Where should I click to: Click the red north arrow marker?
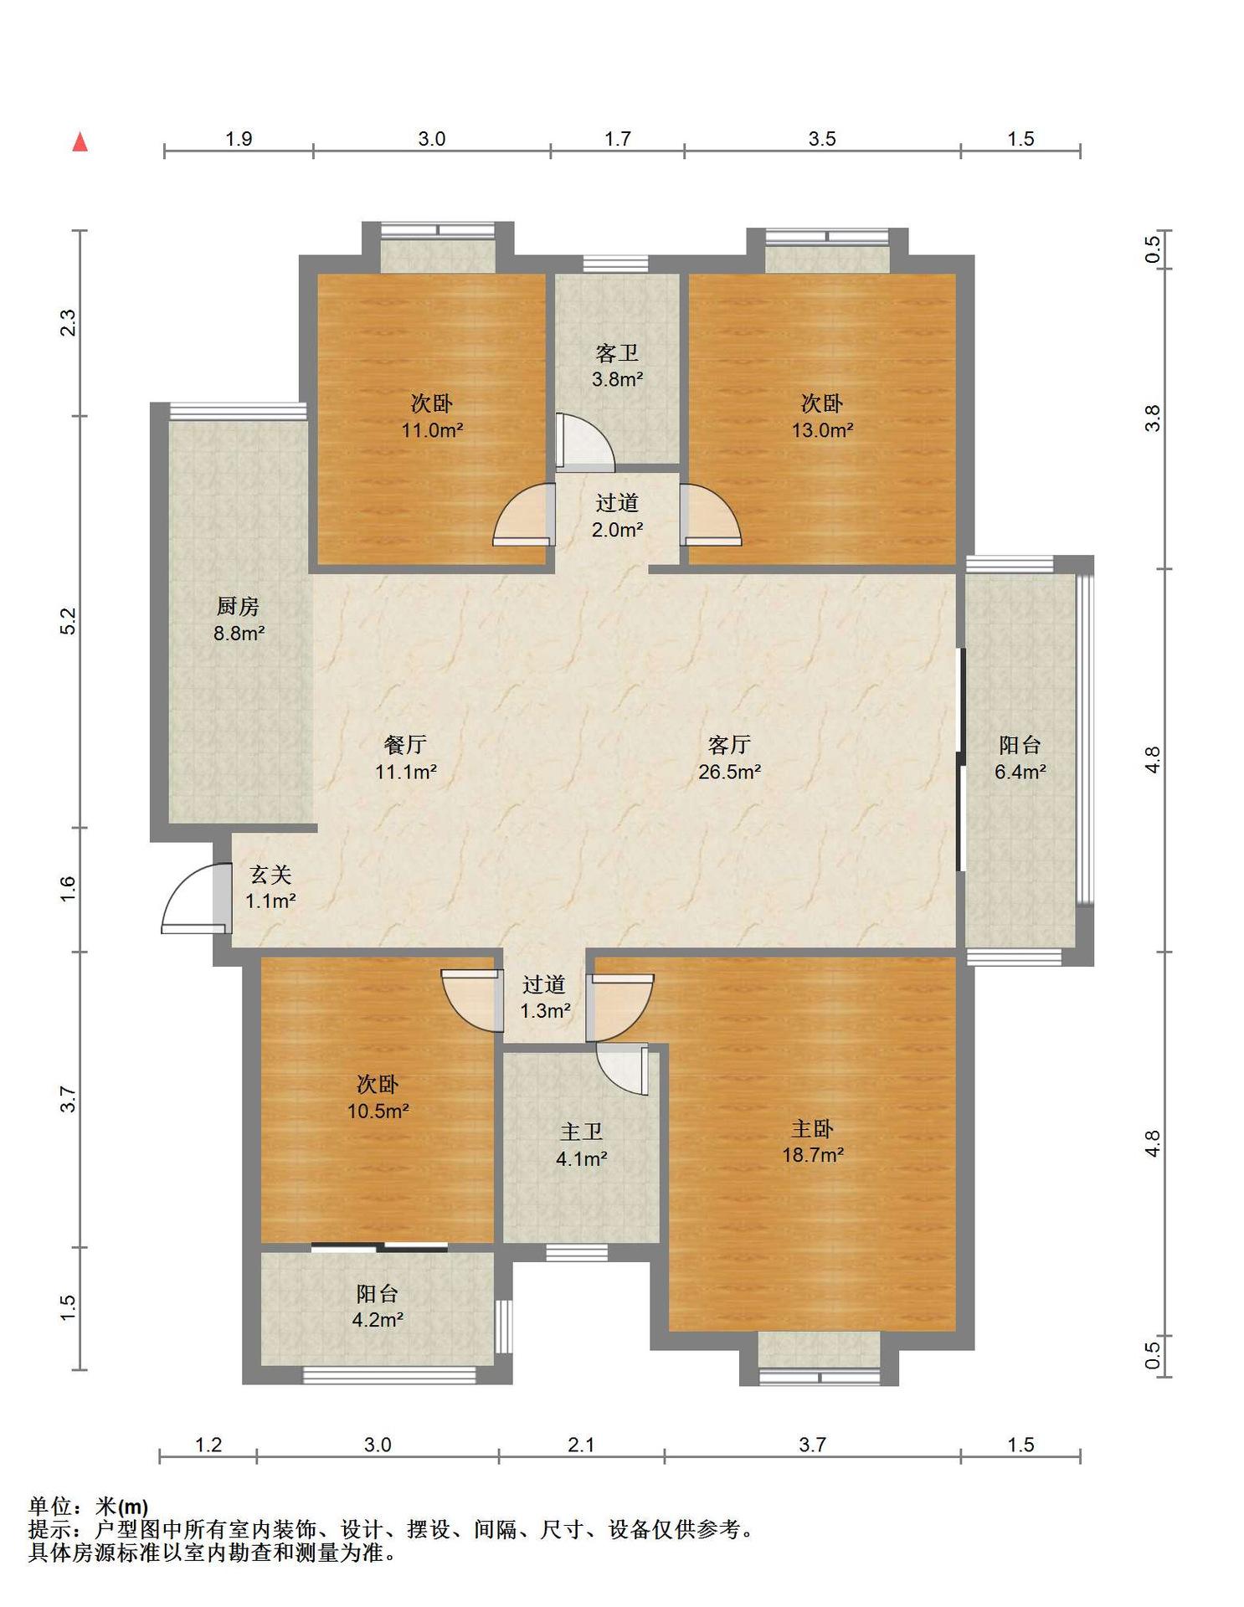(80, 141)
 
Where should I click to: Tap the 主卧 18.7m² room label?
(812, 1142)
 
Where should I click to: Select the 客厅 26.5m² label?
(729, 758)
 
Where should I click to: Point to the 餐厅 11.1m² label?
(405, 758)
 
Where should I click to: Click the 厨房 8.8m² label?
(239, 619)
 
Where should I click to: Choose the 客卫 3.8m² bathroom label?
(617, 366)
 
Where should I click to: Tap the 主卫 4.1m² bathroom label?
(581, 1145)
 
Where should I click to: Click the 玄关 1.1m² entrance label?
(270, 887)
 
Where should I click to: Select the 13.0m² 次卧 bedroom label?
(822, 417)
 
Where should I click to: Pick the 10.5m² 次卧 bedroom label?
(378, 1097)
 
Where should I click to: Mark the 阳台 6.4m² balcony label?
(1020, 758)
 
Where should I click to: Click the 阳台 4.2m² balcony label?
(377, 1307)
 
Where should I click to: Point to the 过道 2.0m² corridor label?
(617, 516)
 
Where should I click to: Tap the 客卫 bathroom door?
(585, 441)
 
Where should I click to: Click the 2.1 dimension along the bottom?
(581, 1445)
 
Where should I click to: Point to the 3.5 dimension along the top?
(822, 139)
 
